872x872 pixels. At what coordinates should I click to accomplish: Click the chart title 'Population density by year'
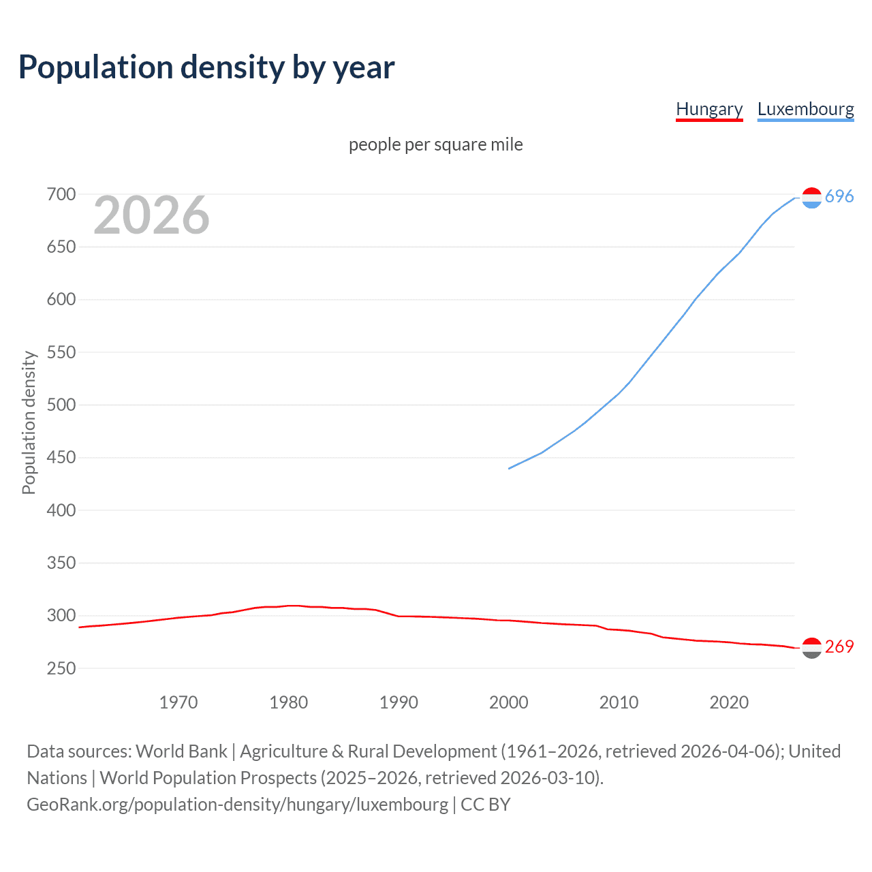206,67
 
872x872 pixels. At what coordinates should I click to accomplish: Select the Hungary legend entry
708,109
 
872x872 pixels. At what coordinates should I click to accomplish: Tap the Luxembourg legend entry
805,109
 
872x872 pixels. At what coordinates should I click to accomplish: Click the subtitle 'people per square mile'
435,144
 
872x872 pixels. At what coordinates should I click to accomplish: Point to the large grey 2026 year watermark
151,215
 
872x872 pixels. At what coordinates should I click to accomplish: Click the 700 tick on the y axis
61,194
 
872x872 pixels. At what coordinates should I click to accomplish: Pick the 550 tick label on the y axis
61,352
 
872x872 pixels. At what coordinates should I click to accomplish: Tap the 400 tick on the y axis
61,510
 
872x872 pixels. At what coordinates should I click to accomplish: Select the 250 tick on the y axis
61,668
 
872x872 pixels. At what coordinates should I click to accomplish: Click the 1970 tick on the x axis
178,702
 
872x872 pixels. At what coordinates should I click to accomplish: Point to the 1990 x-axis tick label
399,702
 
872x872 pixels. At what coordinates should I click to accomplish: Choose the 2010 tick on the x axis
619,702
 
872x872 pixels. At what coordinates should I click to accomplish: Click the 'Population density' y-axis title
29,422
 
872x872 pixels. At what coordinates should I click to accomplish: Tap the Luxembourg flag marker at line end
811,198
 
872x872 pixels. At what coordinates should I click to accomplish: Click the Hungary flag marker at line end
811,648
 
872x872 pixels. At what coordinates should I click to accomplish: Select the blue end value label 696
839,196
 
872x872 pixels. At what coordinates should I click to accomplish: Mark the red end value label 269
839,647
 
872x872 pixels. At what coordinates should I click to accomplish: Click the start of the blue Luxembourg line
509,468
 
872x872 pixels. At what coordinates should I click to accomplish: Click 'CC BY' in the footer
486,805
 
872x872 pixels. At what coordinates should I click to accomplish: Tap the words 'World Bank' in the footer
181,751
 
